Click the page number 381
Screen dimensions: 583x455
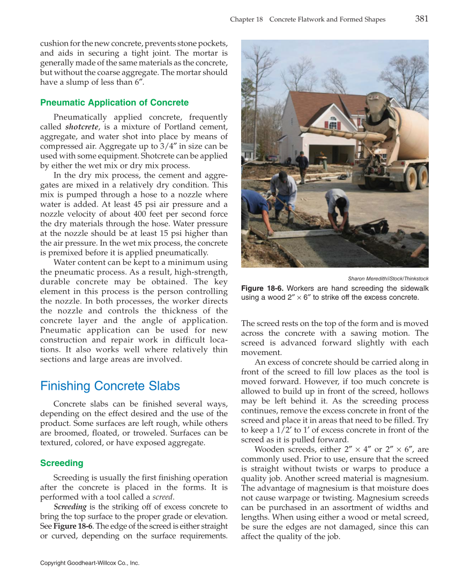coord(421,19)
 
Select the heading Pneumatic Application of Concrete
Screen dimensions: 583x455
coord(114,102)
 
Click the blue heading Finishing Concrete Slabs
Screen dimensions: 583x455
coord(110,386)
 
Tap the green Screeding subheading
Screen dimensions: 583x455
coord(62,463)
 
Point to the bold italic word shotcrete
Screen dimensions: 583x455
coord(81,127)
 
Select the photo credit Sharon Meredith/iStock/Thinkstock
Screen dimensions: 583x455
coord(388,278)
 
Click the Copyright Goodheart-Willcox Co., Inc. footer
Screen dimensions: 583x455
coord(89,563)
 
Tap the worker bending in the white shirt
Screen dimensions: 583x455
coord(337,206)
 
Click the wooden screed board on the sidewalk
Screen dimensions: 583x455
coord(300,234)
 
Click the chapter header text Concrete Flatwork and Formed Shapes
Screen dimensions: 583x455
coord(327,19)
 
